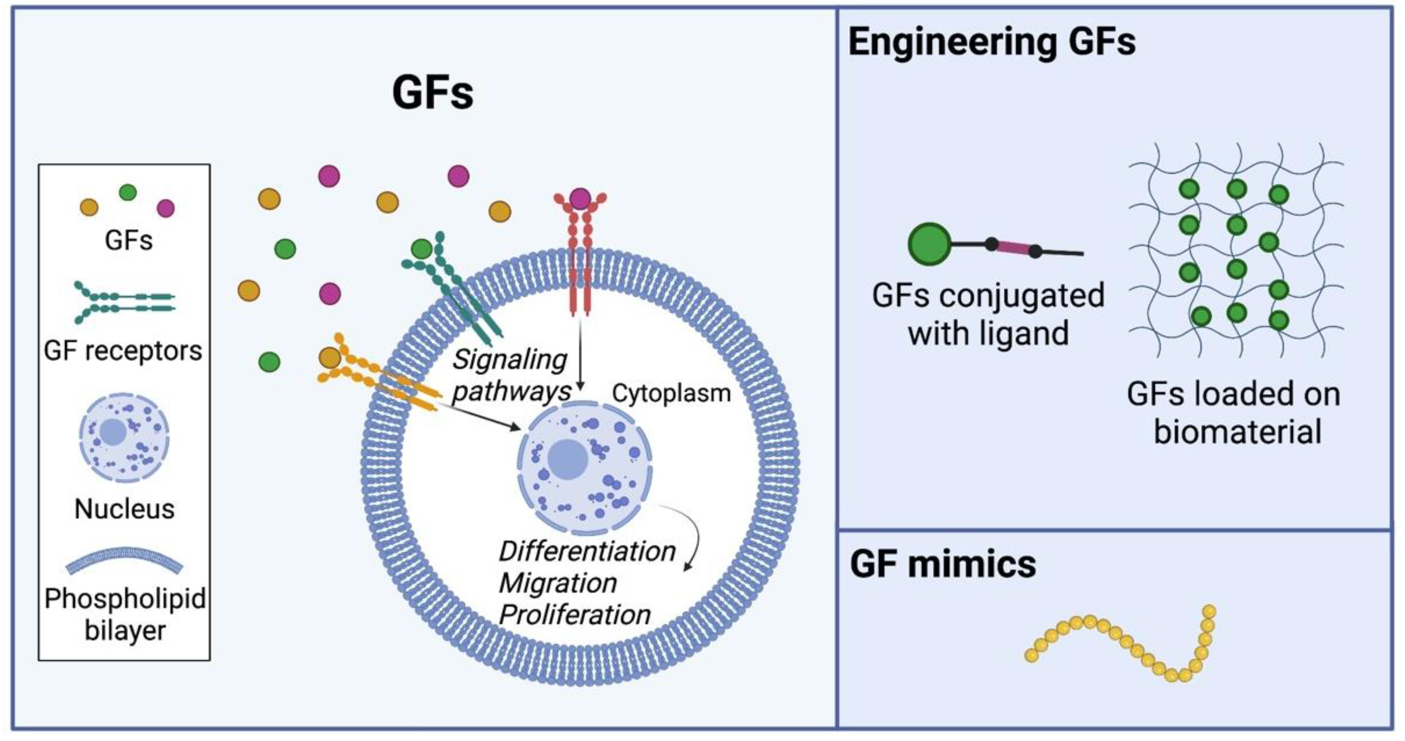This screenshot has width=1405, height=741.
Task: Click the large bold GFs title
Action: click(432, 93)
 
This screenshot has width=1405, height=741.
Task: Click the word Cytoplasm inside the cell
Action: click(671, 393)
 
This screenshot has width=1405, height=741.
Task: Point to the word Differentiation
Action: click(587, 551)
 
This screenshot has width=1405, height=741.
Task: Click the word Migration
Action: click(557, 583)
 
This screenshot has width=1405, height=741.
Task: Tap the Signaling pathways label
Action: click(510, 375)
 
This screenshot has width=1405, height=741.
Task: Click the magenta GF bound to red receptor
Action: click(580, 199)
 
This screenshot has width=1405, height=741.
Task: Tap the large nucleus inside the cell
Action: click(584, 467)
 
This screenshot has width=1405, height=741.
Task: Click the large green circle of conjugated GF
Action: click(929, 244)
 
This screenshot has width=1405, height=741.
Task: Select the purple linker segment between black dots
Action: click(1014, 248)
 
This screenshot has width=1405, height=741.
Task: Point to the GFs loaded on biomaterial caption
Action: click(1234, 413)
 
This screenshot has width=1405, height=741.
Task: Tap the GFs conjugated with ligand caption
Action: click(988, 314)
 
